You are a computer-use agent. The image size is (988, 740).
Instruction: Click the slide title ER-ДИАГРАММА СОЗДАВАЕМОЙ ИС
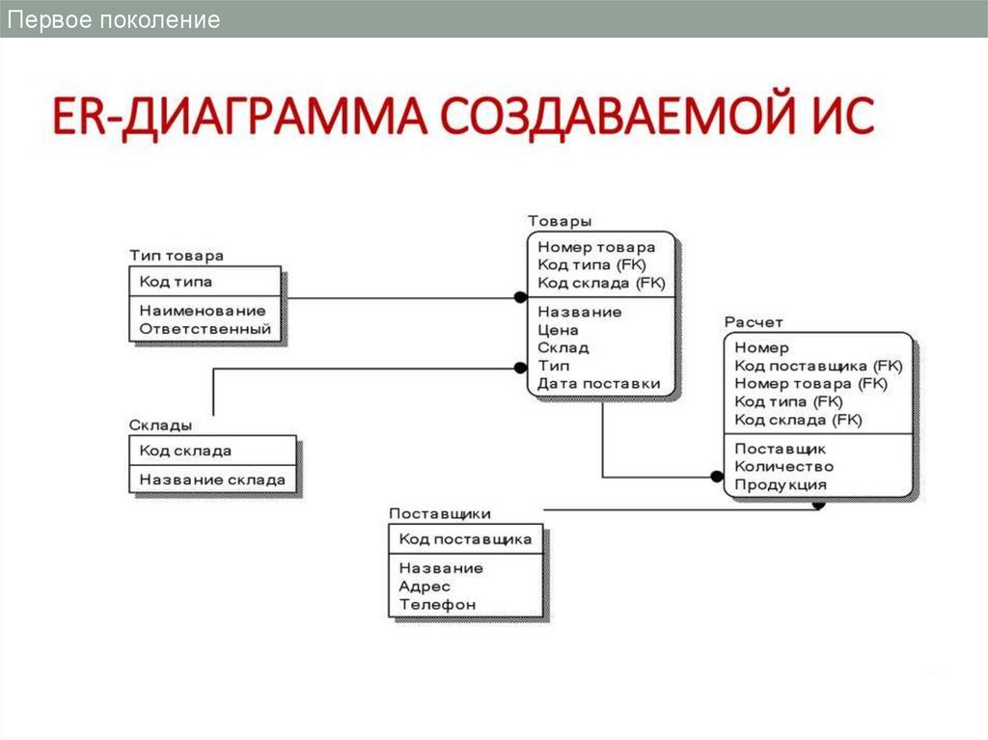[x=462, y=118]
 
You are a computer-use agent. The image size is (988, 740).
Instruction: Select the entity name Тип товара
[x=177, y=256]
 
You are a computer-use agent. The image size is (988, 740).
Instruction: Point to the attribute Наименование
[x=203, y=311]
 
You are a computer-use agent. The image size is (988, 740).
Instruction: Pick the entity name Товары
[x=560, y=222]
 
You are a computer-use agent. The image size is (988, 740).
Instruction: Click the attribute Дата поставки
[x=599, y=384]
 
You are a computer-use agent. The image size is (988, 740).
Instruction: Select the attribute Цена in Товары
[x=559, y=330]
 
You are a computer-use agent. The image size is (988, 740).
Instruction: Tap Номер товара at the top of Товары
[x=596, y=247]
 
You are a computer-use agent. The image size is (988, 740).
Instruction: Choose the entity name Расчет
[x=754, y=322]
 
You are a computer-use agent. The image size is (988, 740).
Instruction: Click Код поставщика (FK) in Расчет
[x=818, y=366]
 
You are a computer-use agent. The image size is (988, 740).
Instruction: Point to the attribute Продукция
[x=781, y=484]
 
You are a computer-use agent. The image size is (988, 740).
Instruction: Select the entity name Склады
[x=160, y=425]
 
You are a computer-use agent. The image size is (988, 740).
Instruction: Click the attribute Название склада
[x=212, y=480]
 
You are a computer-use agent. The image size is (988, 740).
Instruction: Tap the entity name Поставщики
[x=440, y=513]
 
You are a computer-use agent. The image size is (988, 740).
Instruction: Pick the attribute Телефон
[x=437, y=605]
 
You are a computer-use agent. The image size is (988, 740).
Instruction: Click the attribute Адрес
[x=425, y=587]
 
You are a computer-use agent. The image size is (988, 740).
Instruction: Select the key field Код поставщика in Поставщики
[x=466, y=539]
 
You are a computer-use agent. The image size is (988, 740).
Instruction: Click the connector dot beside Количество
[x=716, y=476]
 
